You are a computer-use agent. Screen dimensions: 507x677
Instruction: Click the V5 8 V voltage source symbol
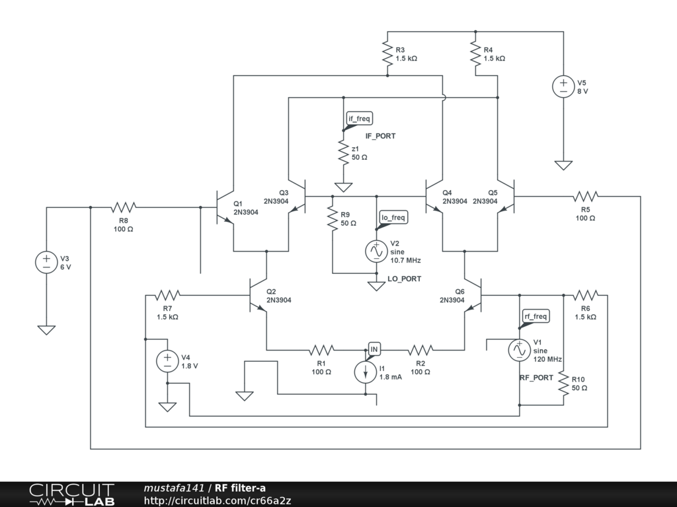click(563, 86)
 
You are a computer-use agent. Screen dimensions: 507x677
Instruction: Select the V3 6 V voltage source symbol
click(46, 262)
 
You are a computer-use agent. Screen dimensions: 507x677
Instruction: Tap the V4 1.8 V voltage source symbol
click(167, 360)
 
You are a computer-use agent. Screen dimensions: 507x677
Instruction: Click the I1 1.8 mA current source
click(366, 372)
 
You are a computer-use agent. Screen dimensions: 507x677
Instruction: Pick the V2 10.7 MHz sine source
click(376, 251)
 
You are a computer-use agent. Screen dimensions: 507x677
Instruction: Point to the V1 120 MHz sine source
click(519, 351)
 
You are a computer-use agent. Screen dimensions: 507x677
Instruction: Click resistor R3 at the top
click(387, 53)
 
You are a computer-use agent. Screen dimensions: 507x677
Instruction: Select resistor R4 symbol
click(475, 53)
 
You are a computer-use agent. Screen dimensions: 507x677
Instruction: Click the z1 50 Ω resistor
click(343, 152)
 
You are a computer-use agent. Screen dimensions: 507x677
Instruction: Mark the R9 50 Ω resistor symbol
click(332, 219)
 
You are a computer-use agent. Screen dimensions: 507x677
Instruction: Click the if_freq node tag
click(360, 118)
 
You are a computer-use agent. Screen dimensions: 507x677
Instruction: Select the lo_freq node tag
click(393, 217)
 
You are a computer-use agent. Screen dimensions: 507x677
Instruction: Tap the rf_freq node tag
click(536, 316)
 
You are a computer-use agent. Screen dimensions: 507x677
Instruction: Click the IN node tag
click(374, 348)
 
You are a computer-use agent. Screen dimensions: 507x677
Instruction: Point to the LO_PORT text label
click(404, 279)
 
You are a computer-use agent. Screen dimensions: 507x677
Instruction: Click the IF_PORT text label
click(380, 135)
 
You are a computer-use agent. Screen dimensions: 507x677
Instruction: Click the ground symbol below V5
click(563, 164)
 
